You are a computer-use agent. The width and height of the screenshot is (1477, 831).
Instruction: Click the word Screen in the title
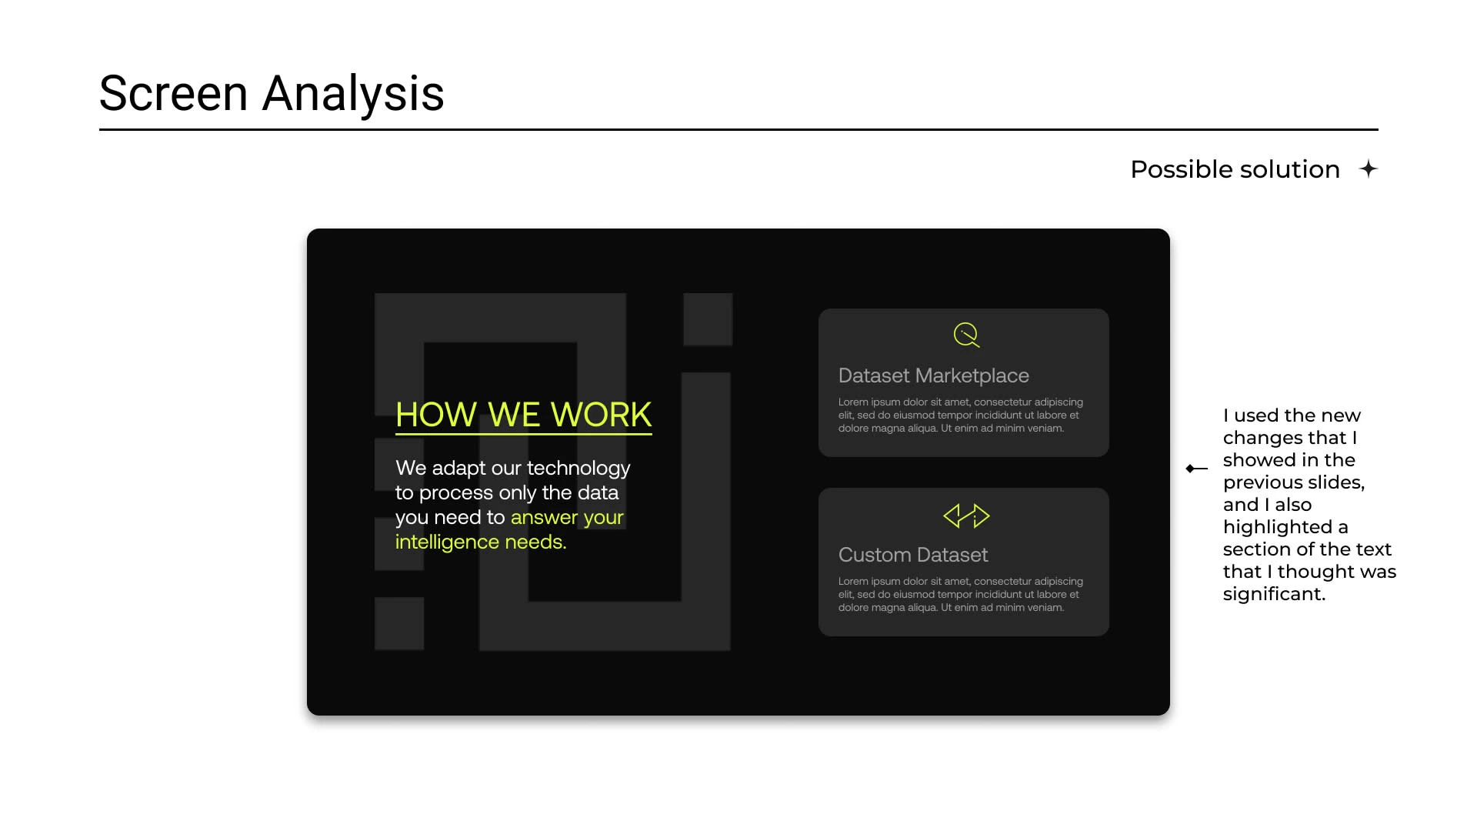coord(174,93)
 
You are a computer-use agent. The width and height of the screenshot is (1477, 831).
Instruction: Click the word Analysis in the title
coord(353,95)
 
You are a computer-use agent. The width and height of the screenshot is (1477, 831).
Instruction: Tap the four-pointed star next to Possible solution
coord(1368,169)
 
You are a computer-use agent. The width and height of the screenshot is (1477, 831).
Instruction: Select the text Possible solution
coord(1235,169)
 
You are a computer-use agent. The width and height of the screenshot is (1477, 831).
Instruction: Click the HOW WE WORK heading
coord(524,415)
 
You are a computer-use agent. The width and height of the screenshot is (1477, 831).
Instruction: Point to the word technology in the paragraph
coord(578,468)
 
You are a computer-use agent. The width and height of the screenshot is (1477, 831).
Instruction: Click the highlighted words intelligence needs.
coord(481,542)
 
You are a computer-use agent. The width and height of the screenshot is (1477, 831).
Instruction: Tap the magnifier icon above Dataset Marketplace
coord(966,335)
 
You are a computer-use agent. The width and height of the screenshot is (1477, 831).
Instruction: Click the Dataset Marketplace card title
coord(933,375)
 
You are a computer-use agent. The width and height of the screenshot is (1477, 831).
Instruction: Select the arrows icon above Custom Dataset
coord(966,516)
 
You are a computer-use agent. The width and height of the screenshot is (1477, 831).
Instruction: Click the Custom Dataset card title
coord(913,555)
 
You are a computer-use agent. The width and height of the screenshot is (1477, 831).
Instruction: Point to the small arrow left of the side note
coord(1196,469)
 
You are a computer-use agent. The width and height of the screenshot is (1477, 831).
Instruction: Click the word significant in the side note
coord(1274,594)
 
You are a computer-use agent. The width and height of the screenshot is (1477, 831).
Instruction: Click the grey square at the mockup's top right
coord(708,319)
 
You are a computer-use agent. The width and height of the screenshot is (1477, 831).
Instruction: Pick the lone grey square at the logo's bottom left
coord(399,623)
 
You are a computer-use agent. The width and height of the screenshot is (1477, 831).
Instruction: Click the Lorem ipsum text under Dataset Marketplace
coord(960,415)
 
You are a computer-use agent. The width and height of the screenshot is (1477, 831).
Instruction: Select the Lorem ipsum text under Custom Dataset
coord(960,595)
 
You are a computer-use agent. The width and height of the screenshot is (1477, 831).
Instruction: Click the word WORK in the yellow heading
coord(601,415)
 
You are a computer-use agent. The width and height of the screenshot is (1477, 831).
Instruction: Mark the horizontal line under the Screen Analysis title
coord(738,129)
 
